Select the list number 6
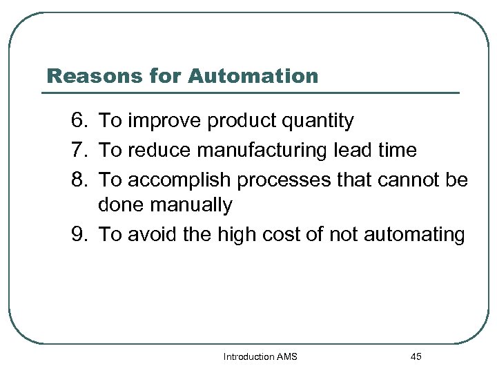[80, 122]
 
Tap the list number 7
[80, 151]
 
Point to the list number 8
[80, 180]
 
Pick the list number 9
[80, 235]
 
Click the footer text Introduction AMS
[260, 357]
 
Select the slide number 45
[416, 357]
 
